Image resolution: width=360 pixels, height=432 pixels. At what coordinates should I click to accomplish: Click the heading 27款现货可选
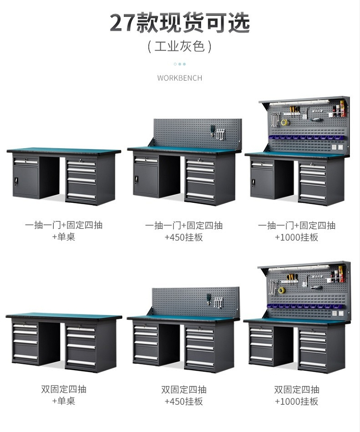(180, 23)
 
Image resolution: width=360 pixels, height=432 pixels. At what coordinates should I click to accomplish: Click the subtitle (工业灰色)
(180, 47)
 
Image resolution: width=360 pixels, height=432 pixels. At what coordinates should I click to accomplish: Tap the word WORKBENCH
(180, 78)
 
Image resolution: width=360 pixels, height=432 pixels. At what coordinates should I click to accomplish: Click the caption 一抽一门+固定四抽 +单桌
(64, 231)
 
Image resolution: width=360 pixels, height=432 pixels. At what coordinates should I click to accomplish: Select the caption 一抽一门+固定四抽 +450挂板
(184, 231)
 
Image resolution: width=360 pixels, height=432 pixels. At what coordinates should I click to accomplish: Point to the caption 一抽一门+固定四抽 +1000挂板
(297, 231)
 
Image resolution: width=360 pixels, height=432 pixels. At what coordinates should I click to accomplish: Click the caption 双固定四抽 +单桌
(64, 395)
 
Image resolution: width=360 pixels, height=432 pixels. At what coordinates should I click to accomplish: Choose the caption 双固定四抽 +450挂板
(184, 395)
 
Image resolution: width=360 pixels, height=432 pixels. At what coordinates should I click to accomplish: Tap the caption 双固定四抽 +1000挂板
(297, 395)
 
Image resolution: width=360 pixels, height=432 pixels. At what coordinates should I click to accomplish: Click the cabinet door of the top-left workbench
(26, 181)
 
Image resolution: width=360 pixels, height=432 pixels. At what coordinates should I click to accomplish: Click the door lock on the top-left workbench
(17, 181)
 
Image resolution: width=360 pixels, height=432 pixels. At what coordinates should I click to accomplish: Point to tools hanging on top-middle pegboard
(216, 132)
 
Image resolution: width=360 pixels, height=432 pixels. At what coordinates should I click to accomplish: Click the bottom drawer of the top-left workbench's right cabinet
(81, 196)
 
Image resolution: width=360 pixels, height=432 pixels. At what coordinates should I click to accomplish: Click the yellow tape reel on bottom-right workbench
(282, 290)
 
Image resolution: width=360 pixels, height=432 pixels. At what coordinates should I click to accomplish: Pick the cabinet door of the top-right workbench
(263, 183)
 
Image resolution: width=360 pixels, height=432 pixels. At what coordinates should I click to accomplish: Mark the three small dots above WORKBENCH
(180, 64)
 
